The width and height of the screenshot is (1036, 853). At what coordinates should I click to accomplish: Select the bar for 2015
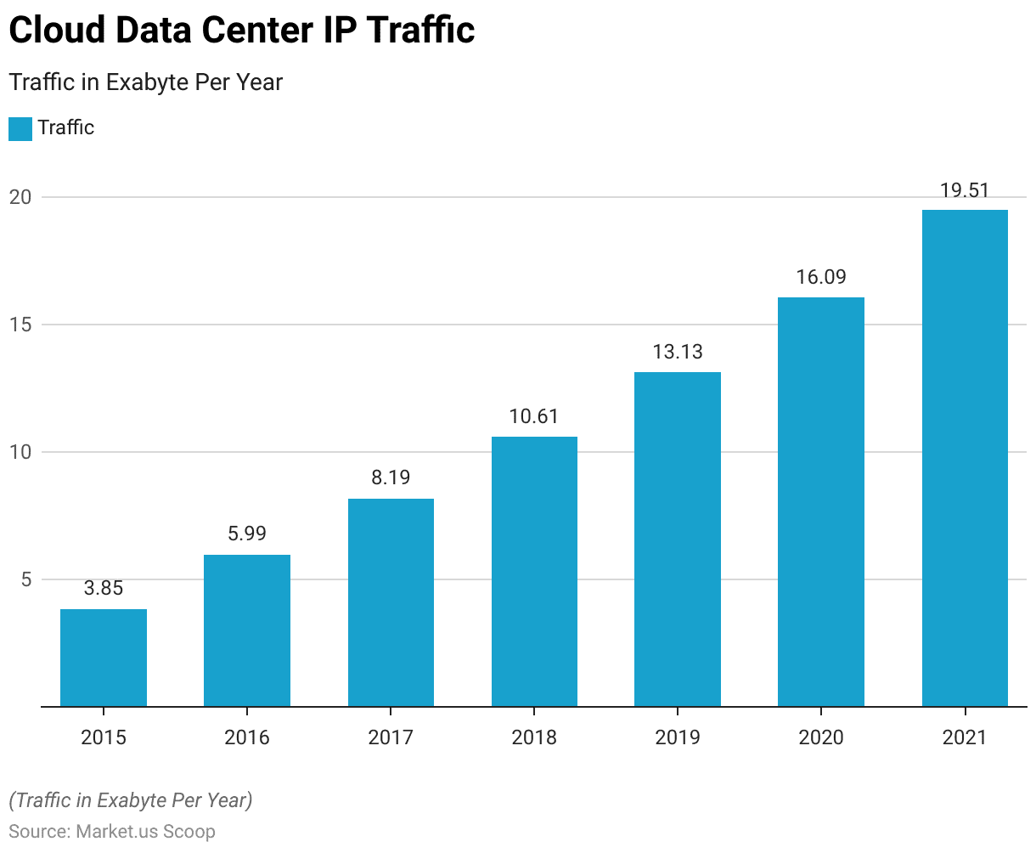pyautogui.click(x=104, y=658)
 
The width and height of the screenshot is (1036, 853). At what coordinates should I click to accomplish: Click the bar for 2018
pyautogui.click(x=534, y=571)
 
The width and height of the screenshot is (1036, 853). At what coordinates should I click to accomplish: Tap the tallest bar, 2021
pyautogui.click(x=965, y=458)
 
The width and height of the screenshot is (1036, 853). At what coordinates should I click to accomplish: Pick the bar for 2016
pyautogui.click(x=247, y=630)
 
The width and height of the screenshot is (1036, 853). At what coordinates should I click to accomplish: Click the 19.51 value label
pyautogui.click(x=965, y=190)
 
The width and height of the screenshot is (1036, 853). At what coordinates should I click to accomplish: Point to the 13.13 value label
pyautogui.click(x=678, y=352)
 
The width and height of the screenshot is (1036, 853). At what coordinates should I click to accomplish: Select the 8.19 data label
pyautogui.click(x=391, y=477)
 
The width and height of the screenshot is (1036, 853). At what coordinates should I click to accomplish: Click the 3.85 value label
pyautogui.click(x=104, y=588)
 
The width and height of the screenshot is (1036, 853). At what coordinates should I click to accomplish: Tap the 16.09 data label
pyautogui.click(x=821, y=277)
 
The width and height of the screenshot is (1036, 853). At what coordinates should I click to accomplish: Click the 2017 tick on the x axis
pyautogui.click(x=391, y=737)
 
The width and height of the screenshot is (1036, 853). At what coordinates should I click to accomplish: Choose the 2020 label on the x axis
pyautogui.click(x=821, y=737)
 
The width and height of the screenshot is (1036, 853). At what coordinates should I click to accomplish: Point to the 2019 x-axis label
pyautogui.click(x=678, y=737)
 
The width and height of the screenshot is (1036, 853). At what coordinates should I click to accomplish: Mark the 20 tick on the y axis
pyautogui.click(x=20, y=197)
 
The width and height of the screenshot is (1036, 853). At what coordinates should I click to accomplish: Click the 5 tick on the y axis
pyautogui.click(x=25, y=579)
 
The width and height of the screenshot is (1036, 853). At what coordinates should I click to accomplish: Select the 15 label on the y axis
pyautogui.click(x=20, y=325)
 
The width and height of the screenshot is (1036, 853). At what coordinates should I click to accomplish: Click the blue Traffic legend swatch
pyautogui.click(x=20, y=128)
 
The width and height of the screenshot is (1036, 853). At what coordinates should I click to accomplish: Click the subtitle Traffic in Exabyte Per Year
pyautogui.click(x=145, y=82)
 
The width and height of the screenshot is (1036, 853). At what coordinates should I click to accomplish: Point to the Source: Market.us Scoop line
pyautogui.click(x=112, y=831)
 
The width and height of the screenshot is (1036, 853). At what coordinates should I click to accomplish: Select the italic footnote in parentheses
pyautogui.click(x=131, y=800)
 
